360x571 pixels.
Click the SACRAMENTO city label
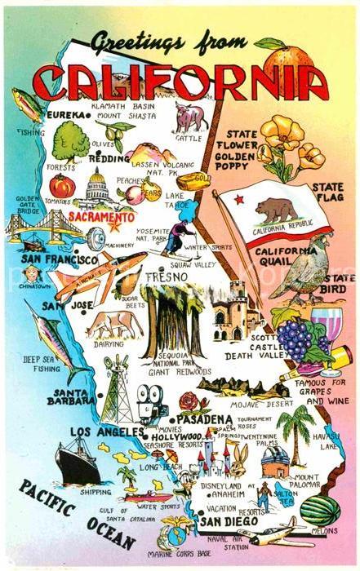101,219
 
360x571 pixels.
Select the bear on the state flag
277,211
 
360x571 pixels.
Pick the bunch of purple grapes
291,338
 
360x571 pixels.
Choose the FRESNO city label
165,277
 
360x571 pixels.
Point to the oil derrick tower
116,390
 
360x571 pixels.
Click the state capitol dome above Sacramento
97,188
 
